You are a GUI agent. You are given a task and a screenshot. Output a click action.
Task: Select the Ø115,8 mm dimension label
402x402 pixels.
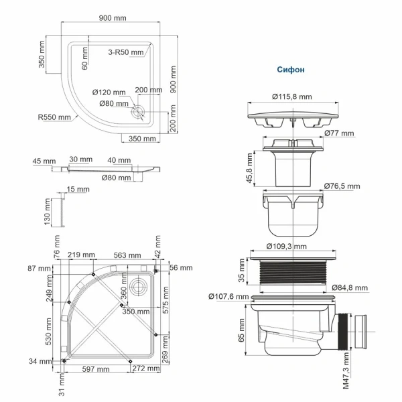pos(292,97)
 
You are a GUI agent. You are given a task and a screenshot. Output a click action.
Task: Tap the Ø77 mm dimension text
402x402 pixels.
pos(341,133)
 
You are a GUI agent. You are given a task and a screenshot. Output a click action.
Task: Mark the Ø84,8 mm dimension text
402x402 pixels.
pos(350,287)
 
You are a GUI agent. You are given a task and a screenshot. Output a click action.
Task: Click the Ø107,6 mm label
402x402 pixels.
pos(228,296)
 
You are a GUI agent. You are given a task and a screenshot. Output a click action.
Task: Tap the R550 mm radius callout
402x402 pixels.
pos(54,117)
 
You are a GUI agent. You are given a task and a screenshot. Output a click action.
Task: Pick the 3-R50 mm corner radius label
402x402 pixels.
pos(125,52)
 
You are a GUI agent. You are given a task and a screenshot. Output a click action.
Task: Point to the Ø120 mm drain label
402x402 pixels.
pos(109,92)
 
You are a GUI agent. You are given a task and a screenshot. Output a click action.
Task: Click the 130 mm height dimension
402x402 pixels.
pos(48,212)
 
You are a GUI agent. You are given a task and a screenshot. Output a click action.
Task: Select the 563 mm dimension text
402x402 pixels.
pos(126,255)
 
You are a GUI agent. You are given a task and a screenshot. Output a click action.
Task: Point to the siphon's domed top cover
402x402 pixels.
pos(292,114)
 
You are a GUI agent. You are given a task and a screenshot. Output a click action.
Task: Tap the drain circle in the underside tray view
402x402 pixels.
pos(139,286)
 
